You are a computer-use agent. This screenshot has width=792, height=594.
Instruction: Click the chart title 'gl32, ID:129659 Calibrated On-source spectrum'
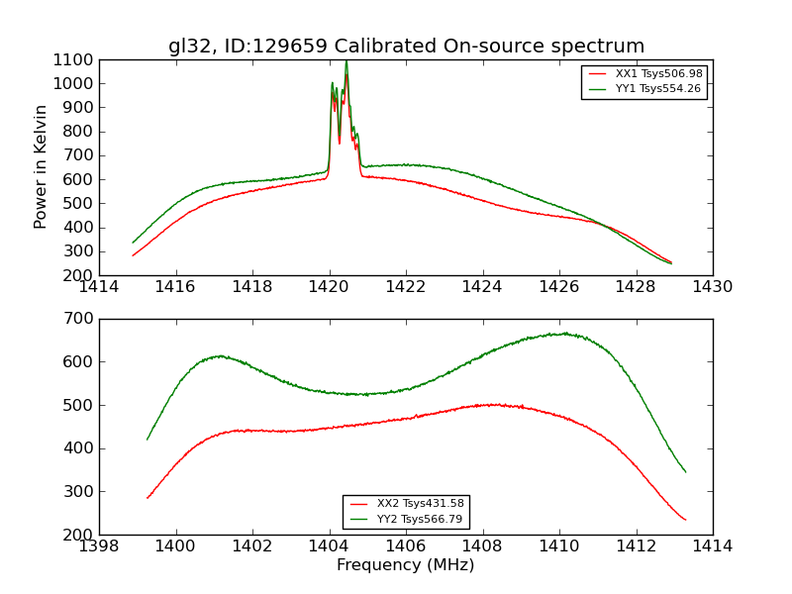click(406, 47)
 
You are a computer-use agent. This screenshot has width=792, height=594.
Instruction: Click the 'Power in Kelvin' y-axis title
click(42, 166)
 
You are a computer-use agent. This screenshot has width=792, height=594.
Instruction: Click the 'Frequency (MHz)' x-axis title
click(405, 565)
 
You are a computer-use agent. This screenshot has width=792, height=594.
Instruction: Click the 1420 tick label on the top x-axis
click(330, 287)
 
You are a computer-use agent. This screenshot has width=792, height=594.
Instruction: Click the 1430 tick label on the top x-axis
click(712, 287)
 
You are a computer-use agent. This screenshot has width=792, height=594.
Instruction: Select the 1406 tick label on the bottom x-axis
click(406, 546)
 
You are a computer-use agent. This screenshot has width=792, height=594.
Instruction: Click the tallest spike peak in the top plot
click(346, 61)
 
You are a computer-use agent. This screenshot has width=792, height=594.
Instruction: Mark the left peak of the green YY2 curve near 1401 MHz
click(219, 355)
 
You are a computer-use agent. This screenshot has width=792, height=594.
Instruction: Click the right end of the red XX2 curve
click(685, 520)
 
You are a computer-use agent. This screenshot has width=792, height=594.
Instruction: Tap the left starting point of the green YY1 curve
click(133, 243)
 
